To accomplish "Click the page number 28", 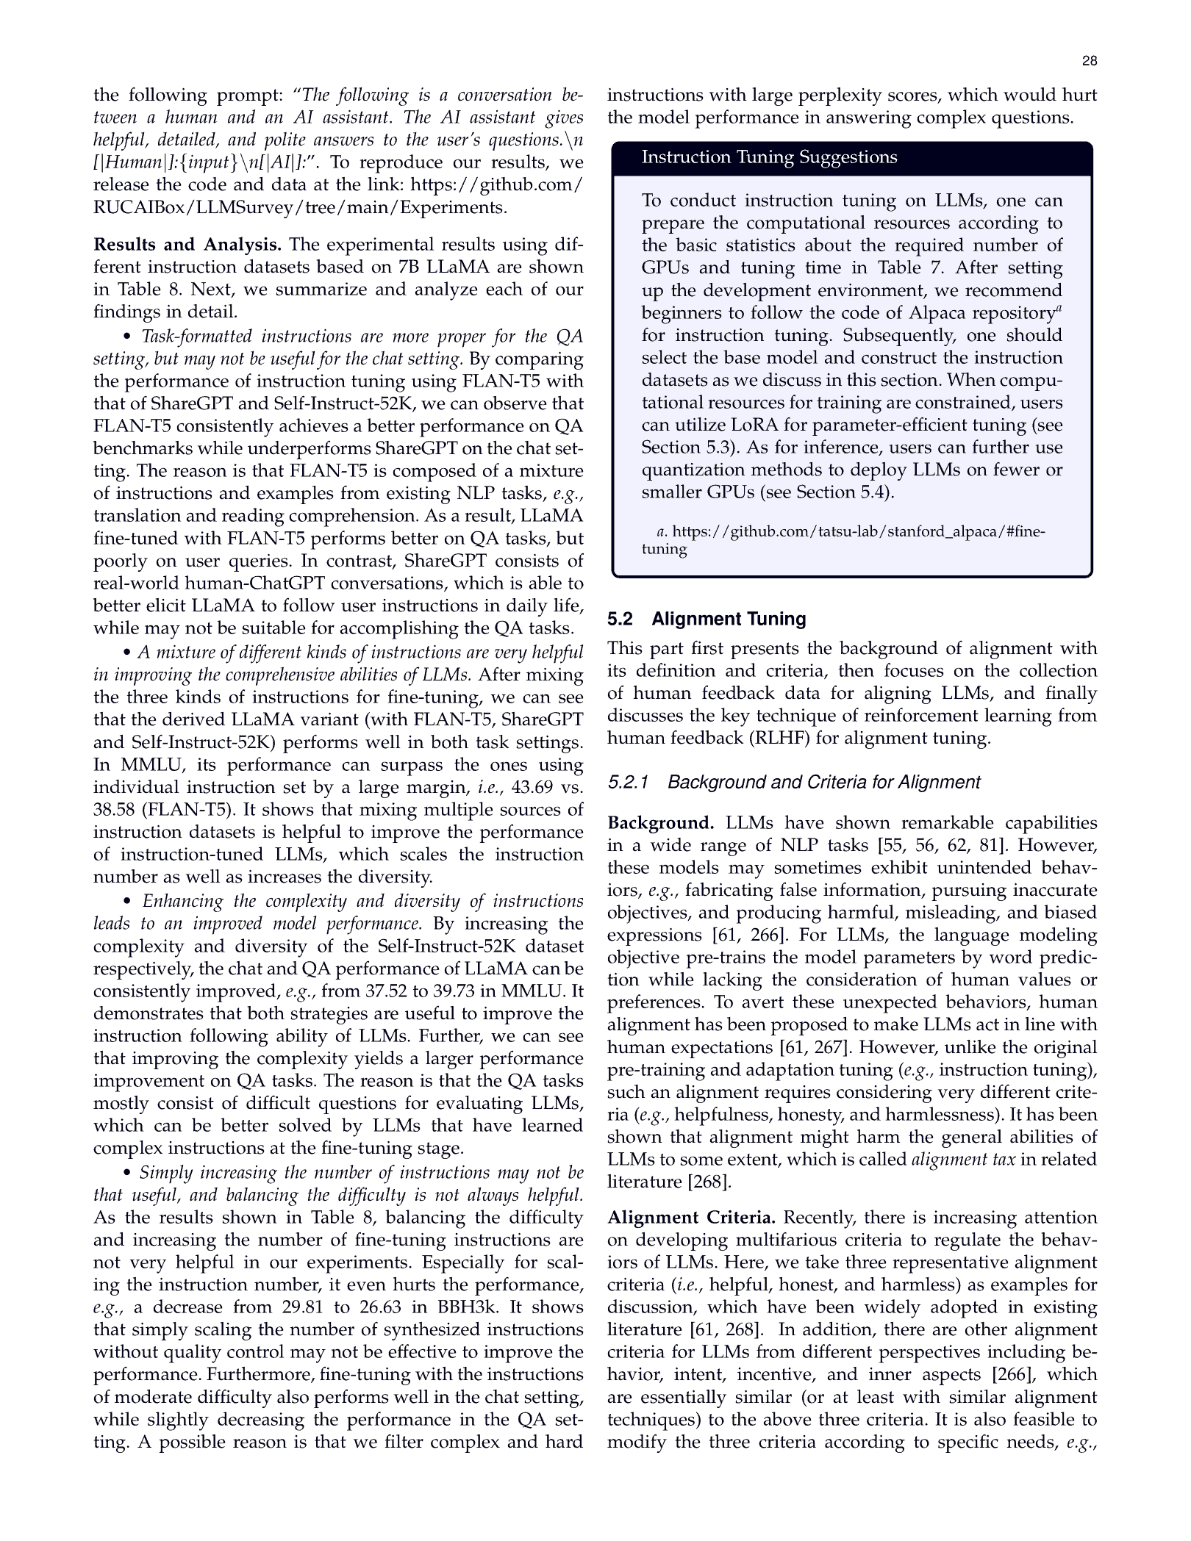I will click(x=1090, y=62).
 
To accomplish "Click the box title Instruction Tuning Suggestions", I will click(x=769, y=157).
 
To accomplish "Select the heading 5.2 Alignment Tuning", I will click(x=706, y=619).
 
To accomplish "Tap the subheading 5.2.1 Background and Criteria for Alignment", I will click(x=793, y=782).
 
